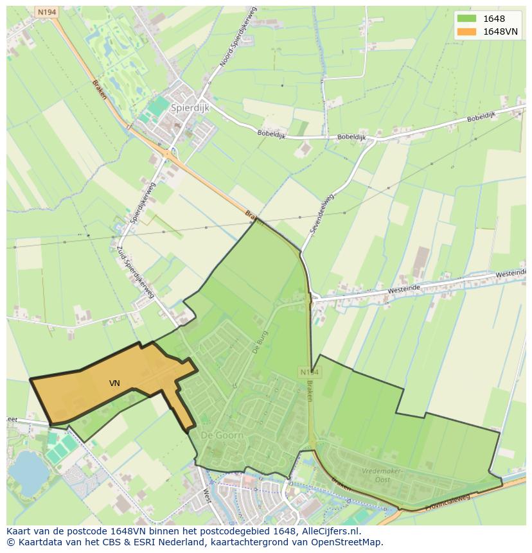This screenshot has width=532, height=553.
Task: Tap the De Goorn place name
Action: [x=222, y=435]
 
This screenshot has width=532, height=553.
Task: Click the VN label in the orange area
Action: [x=114, y=383]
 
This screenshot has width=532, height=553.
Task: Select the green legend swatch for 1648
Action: [x=466, y=19]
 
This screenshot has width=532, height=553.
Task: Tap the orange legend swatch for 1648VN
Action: [x=466, y=31]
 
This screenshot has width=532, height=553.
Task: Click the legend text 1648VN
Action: [x=501, y=31]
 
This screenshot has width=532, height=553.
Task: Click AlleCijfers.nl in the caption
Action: [x=332, y=531]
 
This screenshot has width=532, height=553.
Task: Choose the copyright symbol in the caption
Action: [x=10, y=542]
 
